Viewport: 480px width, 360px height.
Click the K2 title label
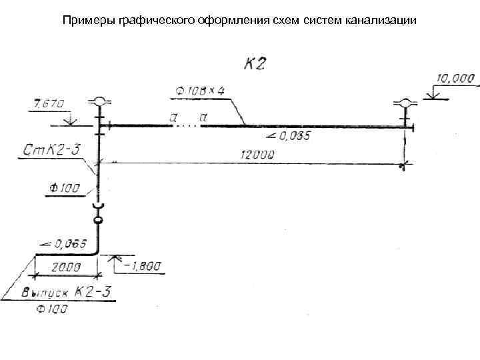[x=255, y=64]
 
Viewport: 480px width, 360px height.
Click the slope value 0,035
[x=293, y=137]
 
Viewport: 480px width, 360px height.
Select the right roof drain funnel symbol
[x=405, y=103]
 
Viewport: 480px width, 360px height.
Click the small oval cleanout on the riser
[x=99, y=219]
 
